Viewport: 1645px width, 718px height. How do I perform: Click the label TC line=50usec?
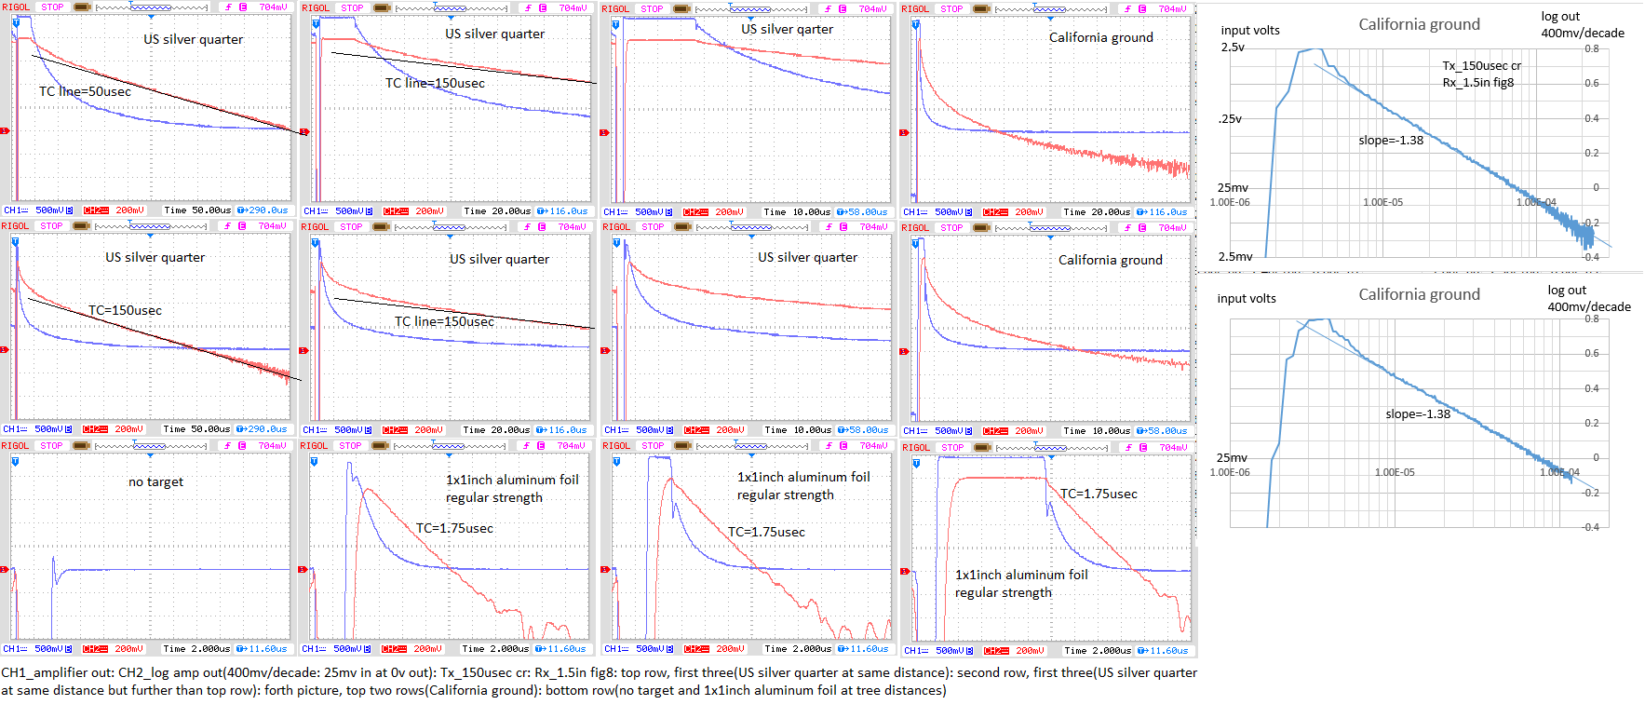pyautogui.click(x=85, y=91)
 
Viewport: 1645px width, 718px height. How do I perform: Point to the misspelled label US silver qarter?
pyautogui.click(x=787, y=29)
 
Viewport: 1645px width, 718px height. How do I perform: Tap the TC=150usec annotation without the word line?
pyautogui.click(x=125, y=310)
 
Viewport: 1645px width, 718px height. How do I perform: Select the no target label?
pyautogui.click(x=155, y=481)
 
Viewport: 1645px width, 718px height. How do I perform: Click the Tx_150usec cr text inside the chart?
pyautogui.click(x=1481, y=65)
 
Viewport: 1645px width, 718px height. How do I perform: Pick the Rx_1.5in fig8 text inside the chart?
pyautogui.click(x=1478, y=82)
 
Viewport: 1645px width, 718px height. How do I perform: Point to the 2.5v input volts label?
pyautogui.click(x=1233, y=47)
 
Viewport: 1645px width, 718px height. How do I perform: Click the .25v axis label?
pyautogui.click(x=1230, y=118)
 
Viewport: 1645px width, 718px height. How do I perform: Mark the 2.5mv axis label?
pyautogui.click(x=1235, y=256)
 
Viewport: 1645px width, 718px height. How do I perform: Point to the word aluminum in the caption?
pyautogui.click(x=769, y=690)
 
